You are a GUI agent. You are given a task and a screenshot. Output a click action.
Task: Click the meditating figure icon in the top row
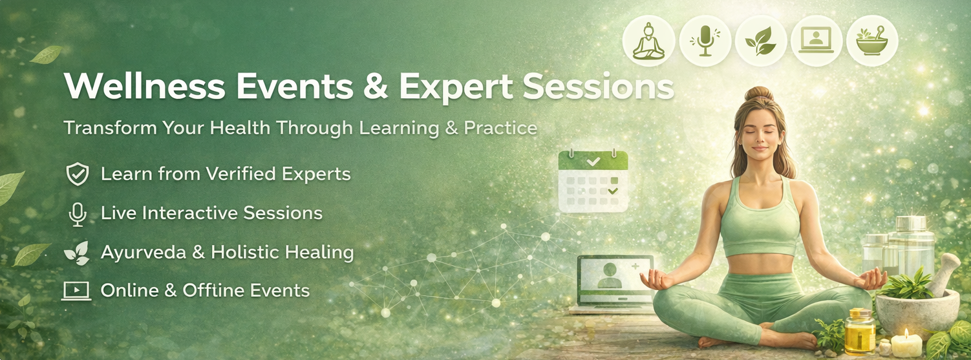pyautogui.click(x=648, y=41)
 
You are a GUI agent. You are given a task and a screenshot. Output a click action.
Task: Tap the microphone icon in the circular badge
pyautogui.click(x=705, y=41)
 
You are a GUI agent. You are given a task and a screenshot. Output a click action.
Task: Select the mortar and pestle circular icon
pyautogui.click(x=871, y=41)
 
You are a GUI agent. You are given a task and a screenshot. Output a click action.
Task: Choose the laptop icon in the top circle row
pyautogui.click(x=816, y=41)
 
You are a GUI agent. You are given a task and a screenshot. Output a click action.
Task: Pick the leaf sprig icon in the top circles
pyautogui.click(x=760, y=41)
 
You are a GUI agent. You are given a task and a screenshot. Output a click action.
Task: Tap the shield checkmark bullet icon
pyautogui.click(x=78, y=175)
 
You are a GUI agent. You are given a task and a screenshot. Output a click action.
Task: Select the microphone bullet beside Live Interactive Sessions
pyautogui.click(x=78, y=214)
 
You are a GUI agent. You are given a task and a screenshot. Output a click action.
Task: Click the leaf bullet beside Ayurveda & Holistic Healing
pyautogui.click(x=77, y=253)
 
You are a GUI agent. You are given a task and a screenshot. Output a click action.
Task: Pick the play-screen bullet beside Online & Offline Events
pyautogui.click(x=76, y=291)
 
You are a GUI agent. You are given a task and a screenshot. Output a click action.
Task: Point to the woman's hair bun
pyautogui.click(x=759, y=94)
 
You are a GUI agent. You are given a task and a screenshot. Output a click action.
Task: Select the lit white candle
pyautogui.click(x=906, y=344)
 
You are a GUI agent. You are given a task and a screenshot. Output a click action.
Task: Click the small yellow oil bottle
pyautogui.click(x=859, y=332)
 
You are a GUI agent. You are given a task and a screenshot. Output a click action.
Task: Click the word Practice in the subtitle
pyautogui.click(x=500, y=128)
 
